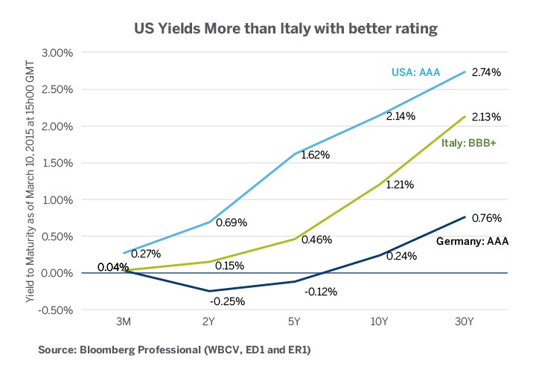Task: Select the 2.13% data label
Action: coord(486,117)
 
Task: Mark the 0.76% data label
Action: coord(487,219)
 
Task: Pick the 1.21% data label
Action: coord(401,184)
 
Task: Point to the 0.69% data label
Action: coord(231,222)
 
